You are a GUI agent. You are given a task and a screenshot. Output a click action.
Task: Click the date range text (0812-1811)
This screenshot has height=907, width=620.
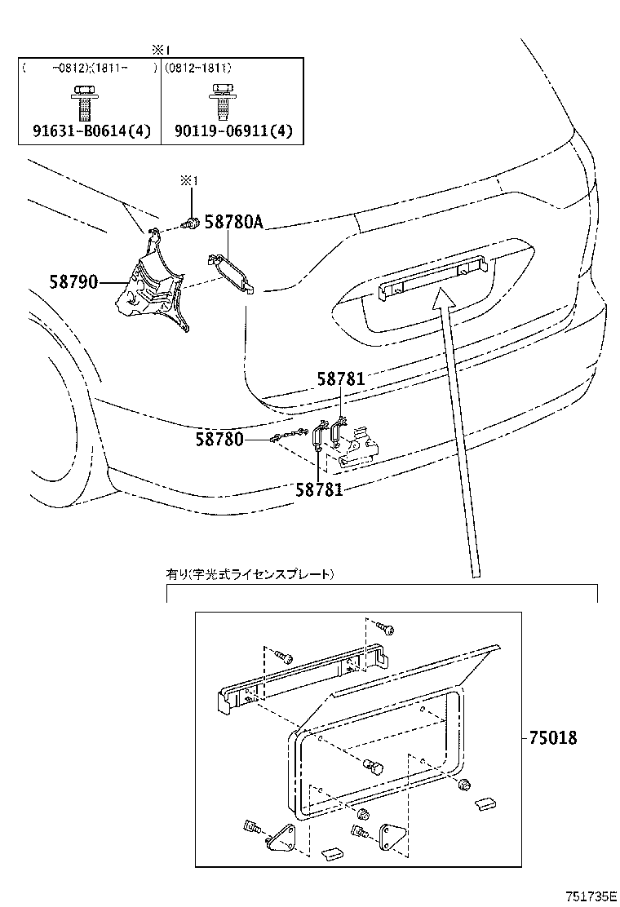point(197,69)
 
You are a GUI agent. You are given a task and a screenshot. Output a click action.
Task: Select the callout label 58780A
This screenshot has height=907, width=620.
point(233,221)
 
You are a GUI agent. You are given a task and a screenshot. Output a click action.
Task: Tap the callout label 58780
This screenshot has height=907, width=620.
point(219,440)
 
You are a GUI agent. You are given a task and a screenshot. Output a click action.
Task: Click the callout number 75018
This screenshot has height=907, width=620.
point(552,738)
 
